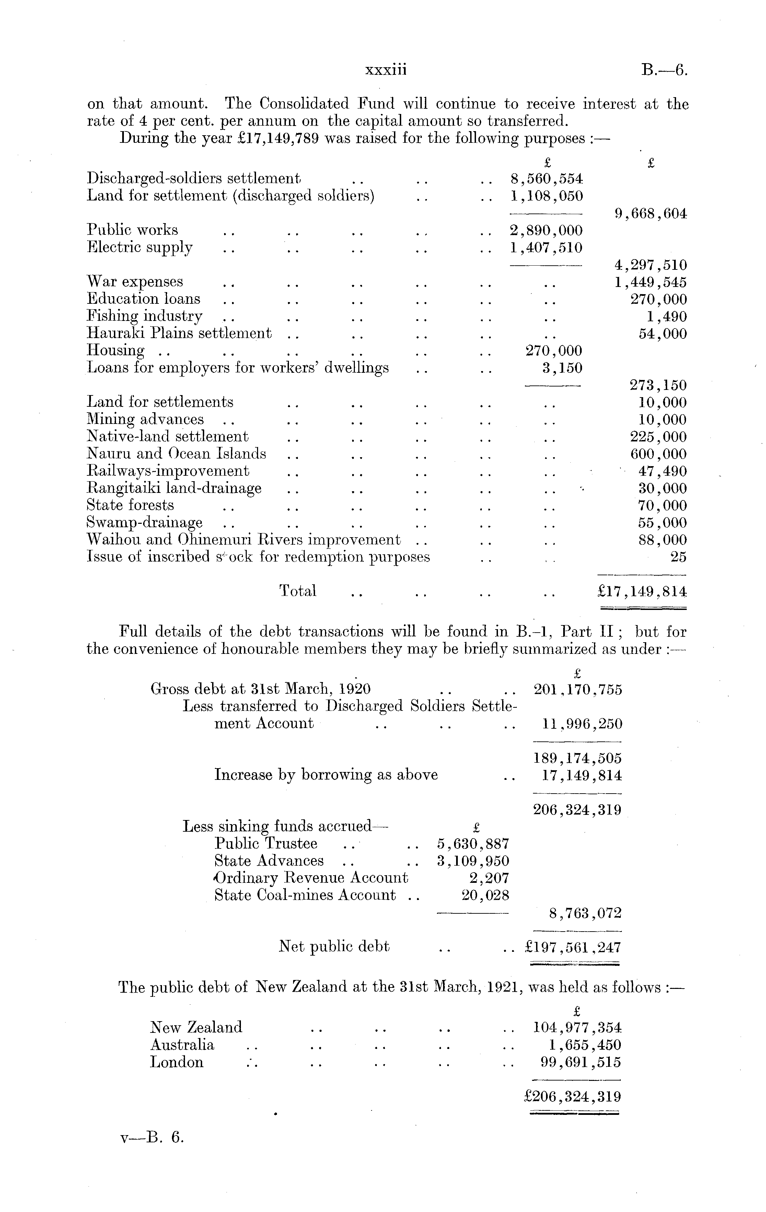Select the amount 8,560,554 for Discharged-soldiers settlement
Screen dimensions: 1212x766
tap(546, 179)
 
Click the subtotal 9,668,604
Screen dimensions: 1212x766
tap(650, 214)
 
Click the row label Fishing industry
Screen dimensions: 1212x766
tap(144, 316)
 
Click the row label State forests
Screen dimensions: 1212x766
tap(130, 505)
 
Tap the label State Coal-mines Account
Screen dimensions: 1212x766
tap(305, 896)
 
